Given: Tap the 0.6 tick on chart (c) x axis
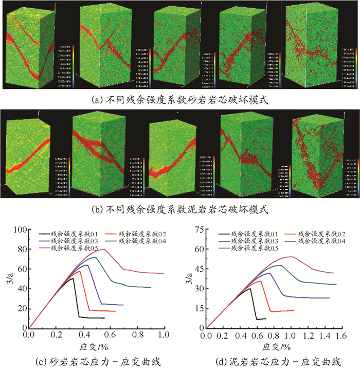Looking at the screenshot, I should pyautogui.click(x=110, y=335).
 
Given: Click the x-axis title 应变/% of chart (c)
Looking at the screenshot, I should pyautogui.click(x=96, y=345).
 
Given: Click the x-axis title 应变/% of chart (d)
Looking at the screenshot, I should pyautogui.click(x=273, y=345).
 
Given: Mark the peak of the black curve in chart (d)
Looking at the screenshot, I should pyautogui.click(x=250, y=288).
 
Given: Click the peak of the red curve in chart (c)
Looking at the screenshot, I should pyautogui.click(x=80, y=271).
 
